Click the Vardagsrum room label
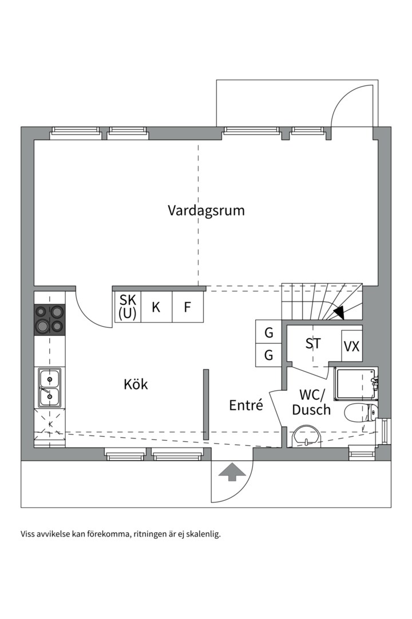click(206, 210)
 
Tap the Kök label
click(136, 384)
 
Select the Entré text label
click(246, 405)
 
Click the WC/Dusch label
click(311, 402)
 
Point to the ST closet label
click(312, 344)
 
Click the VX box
click(351, 346)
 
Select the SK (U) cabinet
click(127, 307)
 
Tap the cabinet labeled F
click(187, 307)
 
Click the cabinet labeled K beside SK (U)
click(156, 307)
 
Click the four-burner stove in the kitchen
click(50, 320)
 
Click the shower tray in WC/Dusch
click(355, 384)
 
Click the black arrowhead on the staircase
click(339, 313)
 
